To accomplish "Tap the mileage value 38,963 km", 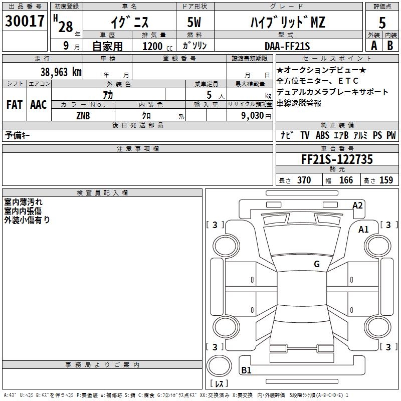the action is click(61, 72).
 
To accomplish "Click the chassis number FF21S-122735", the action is click(337, 159).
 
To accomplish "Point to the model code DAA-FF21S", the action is click(287, 46).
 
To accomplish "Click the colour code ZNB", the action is click(83, 115).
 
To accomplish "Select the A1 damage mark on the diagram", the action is click(363, 230).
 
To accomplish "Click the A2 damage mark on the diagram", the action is click(357, 205).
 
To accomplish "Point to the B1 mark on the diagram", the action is click(246, 370).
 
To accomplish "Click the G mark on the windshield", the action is click(316, 264).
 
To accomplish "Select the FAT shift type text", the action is click(15, 105).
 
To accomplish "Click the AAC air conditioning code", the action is click(39, 105).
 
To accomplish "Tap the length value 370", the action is click(304, 180).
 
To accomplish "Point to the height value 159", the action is click(386, 180).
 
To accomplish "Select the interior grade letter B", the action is click(390, 46).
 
